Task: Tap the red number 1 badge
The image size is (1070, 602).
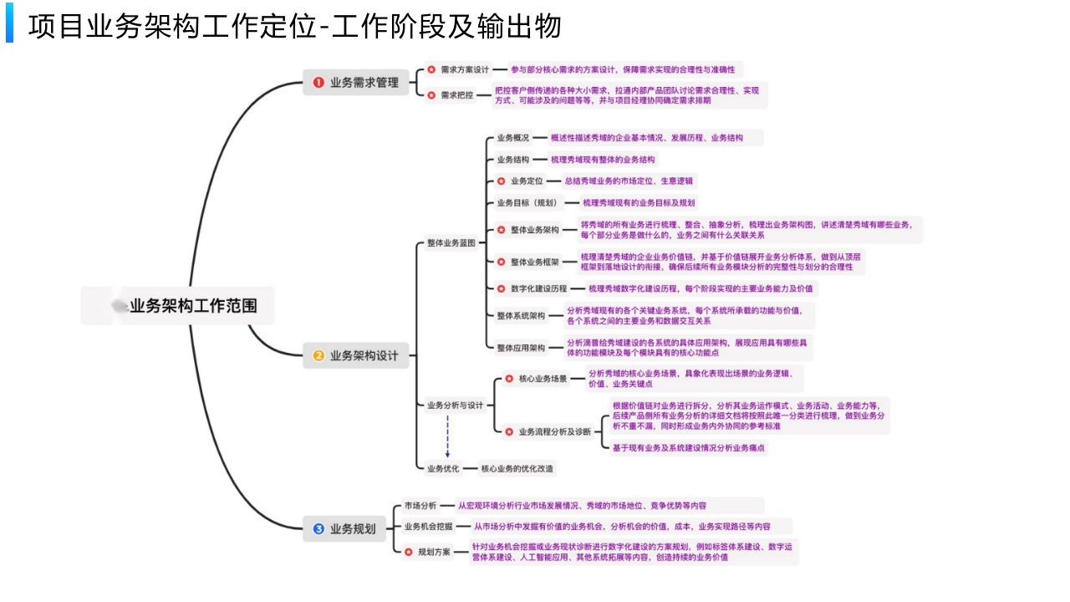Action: click(318, 82)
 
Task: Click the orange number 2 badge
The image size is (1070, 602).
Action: click(318, 355)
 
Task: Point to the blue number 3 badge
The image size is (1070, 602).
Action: click(318, 528)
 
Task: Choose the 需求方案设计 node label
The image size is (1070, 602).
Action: click(465, 69)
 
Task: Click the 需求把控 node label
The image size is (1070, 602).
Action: click(457, 95)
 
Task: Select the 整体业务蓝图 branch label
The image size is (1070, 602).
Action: click(451, 242)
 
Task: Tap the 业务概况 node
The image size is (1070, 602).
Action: click(513, 138)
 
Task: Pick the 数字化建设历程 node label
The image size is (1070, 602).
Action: click(538, 288)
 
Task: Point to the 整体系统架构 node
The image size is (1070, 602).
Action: click(521, 316)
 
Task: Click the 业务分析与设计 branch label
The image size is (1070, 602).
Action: click(455, 406)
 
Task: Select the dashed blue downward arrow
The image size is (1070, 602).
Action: click(447, 436)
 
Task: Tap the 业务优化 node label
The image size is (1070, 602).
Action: click(443, 468)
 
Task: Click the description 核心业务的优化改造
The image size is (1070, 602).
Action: click(517, 468)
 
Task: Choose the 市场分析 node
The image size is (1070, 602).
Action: click(420, 506)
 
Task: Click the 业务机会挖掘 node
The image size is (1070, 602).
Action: click(428, 527)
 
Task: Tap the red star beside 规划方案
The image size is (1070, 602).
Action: click(408, 552)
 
